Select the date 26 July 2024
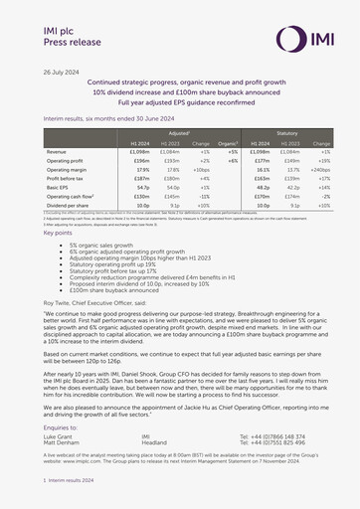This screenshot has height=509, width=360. (x=61, y=74)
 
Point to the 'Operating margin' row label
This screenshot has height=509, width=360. (x=71, y=170)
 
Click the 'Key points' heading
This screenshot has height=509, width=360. (x=58, y=233)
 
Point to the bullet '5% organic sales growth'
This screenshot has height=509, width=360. (x=100, y=244)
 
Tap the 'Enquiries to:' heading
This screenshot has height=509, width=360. (x=64, y=424)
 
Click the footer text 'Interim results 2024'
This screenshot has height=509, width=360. (x=72, y=479)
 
